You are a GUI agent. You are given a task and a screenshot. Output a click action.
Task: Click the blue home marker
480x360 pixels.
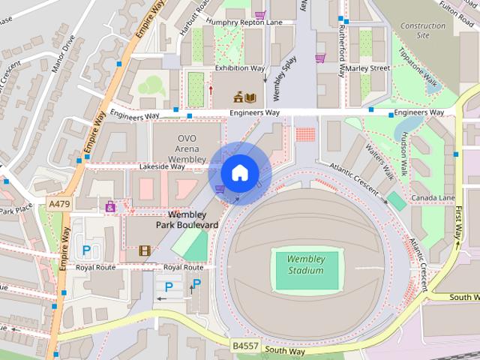[x=238, y=173]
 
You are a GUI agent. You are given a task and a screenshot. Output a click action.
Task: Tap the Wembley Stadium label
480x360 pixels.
[x=306, y=264]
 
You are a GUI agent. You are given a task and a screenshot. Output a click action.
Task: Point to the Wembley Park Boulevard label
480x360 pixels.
[x=187, y=219]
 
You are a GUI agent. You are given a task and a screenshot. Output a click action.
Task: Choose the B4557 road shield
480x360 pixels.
[x=244, y=346]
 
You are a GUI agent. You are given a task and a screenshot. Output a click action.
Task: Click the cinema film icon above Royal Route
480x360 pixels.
[x=144, y=250]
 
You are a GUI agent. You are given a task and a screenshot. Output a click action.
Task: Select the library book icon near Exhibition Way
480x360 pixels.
[x=250, y=97]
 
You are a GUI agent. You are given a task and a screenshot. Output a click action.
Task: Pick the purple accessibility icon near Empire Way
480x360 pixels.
[x=111, y=206]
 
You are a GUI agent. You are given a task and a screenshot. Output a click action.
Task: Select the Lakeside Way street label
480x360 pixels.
[x=159, y=166]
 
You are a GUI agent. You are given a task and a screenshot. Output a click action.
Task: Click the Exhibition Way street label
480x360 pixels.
[x=239, y=68]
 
